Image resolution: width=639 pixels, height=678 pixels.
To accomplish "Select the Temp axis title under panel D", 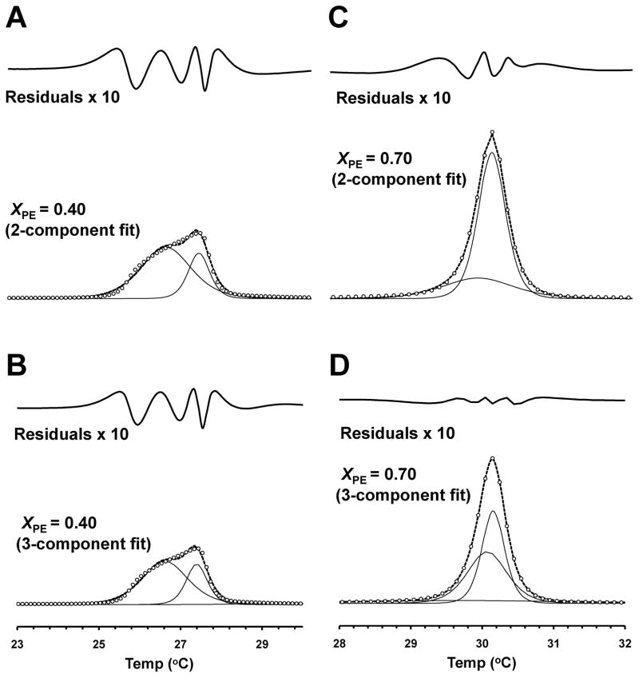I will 482,664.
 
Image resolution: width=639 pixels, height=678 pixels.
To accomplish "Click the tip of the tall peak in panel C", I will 492,133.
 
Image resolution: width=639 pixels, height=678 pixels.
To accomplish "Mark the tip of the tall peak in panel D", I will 492,458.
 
